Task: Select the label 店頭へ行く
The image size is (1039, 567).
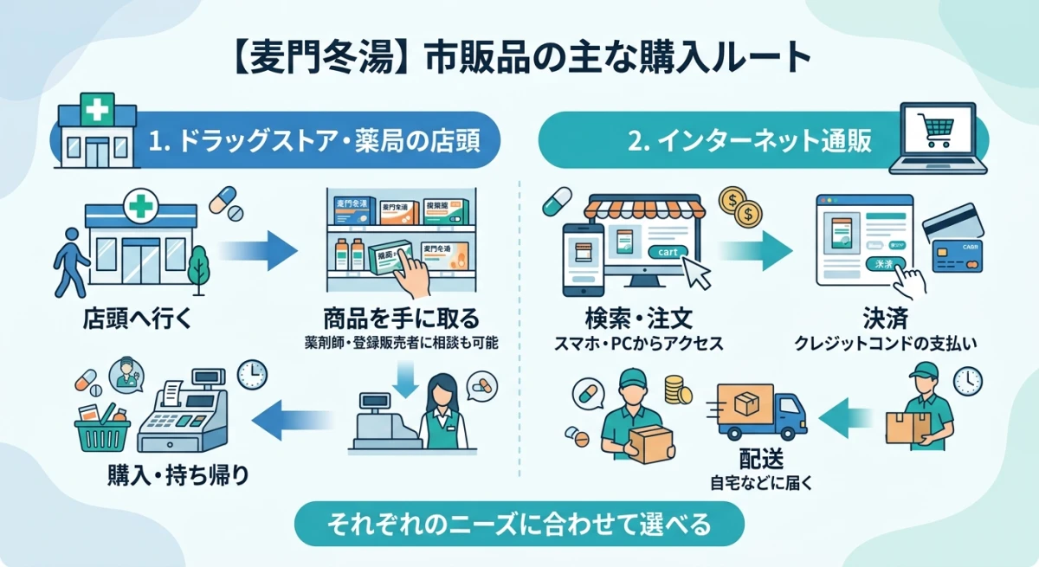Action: [133, 318]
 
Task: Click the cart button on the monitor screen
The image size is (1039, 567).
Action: [668, 251]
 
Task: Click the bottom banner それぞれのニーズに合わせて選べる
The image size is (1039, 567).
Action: [519, 524]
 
